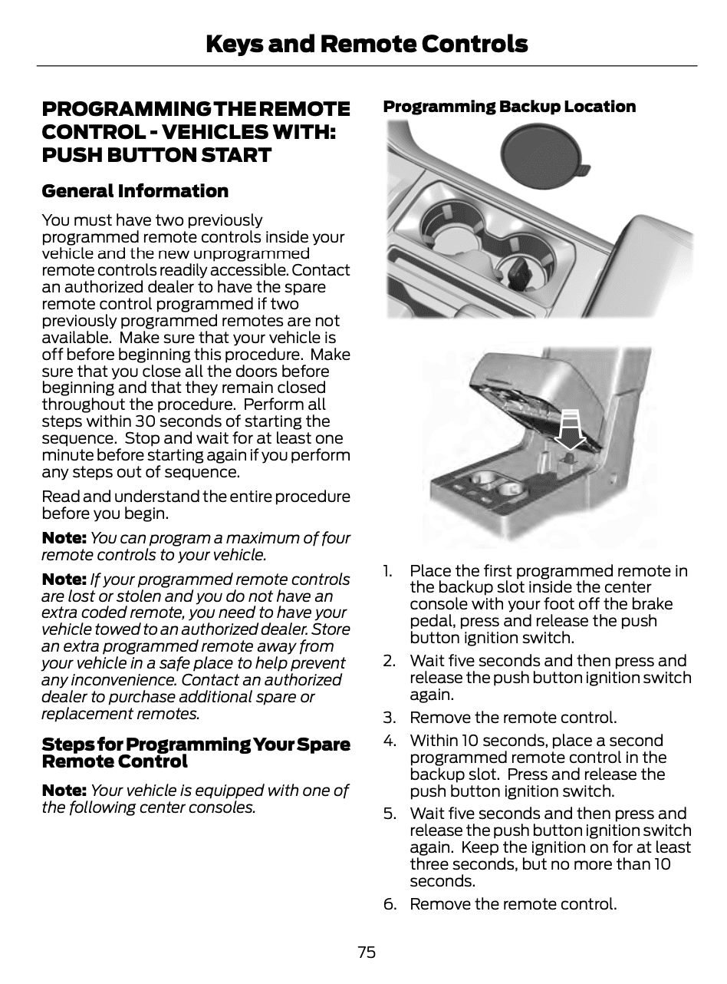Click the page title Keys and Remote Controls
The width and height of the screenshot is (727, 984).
(367, 44)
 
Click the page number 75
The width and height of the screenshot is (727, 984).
(367, 953)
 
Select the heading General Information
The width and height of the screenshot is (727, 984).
(135, 191)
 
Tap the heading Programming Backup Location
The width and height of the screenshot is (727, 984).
(509, 107)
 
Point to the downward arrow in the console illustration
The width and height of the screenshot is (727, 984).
(570, 433)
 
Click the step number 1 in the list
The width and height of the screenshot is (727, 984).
(388, 571)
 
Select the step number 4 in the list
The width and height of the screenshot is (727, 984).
(390, 741)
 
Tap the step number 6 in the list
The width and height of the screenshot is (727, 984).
(390, 904)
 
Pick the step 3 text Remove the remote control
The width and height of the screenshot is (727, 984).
(513, 718)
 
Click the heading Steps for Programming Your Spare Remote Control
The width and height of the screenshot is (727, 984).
(196, 753)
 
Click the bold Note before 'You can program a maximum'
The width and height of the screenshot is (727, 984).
(64, 538)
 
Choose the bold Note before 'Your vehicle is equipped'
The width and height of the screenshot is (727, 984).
(64, 791)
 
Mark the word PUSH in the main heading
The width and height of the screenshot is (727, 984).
(70, 155)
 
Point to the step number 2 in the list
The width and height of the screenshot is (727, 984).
(390, 661)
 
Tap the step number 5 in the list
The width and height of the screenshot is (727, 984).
(390, 814)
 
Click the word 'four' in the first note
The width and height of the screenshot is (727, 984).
(335, 538)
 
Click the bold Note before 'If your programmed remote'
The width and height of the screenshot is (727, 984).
(64, 580)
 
